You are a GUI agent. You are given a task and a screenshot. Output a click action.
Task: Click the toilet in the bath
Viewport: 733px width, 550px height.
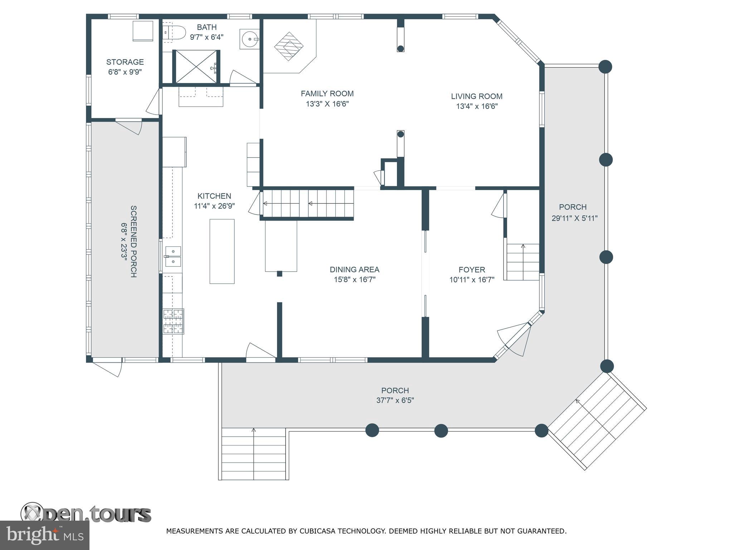(174, 32)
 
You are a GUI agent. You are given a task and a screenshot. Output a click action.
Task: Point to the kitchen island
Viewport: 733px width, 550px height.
(222, 251)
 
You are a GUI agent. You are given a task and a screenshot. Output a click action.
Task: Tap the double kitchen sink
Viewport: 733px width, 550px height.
(173, 257)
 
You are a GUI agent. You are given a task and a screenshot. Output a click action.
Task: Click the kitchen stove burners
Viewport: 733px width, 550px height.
(174, 321)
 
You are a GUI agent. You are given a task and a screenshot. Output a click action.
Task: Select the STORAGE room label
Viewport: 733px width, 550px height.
(125, 62)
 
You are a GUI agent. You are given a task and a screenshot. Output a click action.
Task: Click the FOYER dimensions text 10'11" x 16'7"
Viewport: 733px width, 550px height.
(472, 280)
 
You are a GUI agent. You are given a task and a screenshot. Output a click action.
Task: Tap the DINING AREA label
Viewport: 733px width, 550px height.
(354, 270)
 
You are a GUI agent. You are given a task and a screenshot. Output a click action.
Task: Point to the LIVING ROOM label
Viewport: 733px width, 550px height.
(476, 96)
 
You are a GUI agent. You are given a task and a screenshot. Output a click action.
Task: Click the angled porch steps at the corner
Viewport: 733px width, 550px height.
(598, 421)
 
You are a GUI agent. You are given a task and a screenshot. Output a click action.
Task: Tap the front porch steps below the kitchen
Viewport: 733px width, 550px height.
(254, 454)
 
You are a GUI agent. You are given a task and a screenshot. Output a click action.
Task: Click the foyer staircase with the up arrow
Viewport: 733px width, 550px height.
(523, 262)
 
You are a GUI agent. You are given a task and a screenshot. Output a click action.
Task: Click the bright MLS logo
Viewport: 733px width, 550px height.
(45, 535)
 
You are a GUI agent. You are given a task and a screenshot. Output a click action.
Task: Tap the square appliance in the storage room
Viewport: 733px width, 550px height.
(143, 31)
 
